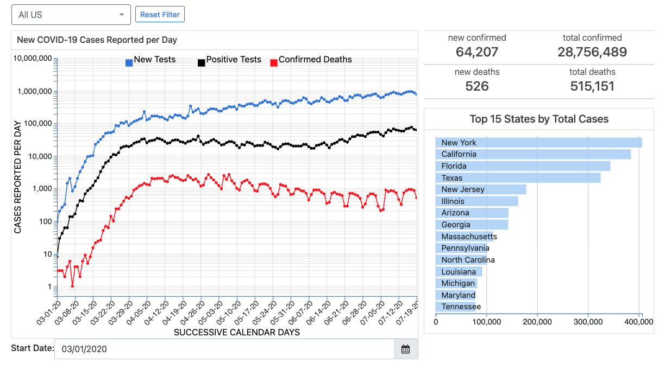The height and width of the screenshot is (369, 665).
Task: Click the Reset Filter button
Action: click(x=160, y=15)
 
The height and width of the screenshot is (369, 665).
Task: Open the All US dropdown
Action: click(x=71, y=15)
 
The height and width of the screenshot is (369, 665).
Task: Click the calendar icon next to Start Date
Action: click(x=405, y=349)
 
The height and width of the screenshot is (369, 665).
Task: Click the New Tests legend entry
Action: click(x=154, y=60)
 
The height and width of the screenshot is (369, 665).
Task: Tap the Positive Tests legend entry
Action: click(x=233, y=60)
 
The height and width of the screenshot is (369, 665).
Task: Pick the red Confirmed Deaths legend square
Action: click(x=274, y=63)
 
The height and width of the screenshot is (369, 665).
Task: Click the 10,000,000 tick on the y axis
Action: click(x=33, y=59)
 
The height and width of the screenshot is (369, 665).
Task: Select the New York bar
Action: click(x=538, y=143)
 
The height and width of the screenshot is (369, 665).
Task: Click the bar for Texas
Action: click(x=518, y=178)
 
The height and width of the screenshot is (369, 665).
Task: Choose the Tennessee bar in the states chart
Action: click(x=456, y=307)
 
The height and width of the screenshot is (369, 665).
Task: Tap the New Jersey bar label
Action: click(x=463, y=189)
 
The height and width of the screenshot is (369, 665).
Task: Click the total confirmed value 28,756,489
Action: click(x=592, y=52)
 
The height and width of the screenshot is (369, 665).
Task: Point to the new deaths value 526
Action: click(x=477, y=86)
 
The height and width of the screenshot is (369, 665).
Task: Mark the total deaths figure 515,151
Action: click(x=592, y=86)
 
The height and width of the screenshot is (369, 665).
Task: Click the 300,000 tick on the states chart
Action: click(x=588, y=322)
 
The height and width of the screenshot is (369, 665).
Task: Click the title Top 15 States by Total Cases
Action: click(x=539, y=119)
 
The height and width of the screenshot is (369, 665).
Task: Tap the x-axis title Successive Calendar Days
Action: click(x=237, y=332)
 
